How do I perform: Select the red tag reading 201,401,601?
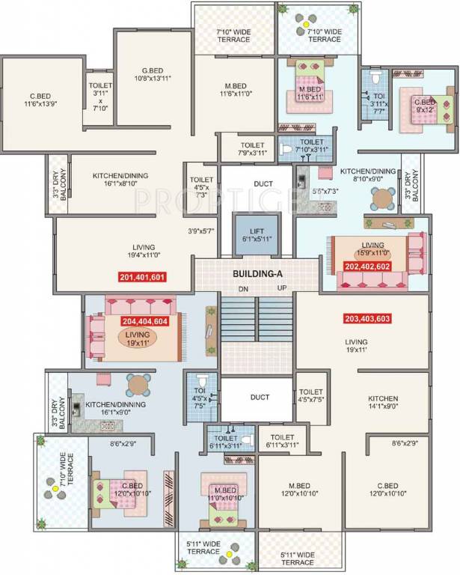(142, 277)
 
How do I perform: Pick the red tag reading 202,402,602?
(368, 266)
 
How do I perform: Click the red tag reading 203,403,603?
(369, 317)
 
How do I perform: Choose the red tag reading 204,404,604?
(145, 321)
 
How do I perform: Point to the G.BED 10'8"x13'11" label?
(153, 73)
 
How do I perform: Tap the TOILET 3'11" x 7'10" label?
(100, 97)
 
